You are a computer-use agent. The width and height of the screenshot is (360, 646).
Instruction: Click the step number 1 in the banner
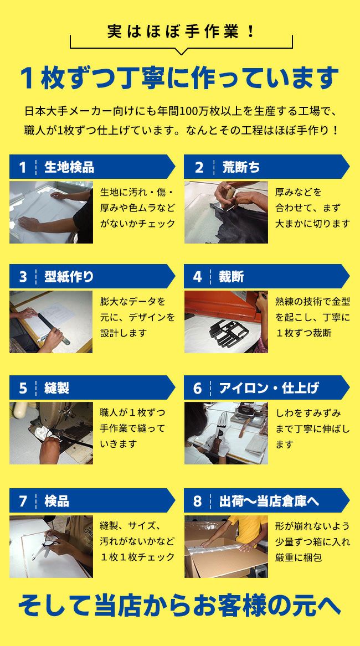coord(23,167)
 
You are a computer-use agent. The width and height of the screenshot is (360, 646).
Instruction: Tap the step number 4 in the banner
coord(198,277)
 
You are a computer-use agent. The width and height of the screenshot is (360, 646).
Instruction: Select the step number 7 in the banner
coord(23,502)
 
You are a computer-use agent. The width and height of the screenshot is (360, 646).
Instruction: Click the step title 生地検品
coord(69,167)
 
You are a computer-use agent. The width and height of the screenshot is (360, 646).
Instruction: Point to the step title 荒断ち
coord(241,167)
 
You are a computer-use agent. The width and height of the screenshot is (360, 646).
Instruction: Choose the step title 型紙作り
coord(69,277)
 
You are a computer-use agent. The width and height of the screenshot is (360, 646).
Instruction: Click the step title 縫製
coord(57,388)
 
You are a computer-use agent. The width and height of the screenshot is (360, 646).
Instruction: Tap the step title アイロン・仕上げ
coord(269,388)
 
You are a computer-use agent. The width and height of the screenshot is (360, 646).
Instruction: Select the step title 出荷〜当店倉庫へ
coord(269,502)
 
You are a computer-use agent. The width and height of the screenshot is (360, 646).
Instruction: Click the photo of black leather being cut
coord(226,212)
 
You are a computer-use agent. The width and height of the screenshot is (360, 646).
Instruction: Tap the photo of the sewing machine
coord(51,433)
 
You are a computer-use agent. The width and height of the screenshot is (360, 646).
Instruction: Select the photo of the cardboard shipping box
coord(226,546)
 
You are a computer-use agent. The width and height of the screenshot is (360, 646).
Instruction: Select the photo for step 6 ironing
coord(226,433)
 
